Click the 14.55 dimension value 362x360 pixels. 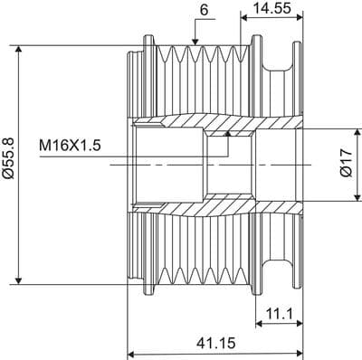[x=271, y=8]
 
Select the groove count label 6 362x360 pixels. [x=204, y=10]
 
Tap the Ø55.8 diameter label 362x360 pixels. [x=8, y=159]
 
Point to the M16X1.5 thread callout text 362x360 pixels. [x=70, y=146]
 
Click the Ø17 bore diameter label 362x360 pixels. [x=346, y=163]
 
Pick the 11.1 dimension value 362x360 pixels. [x=280, y=315]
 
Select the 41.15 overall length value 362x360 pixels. [x=215, y=343]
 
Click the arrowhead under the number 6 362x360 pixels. [x=195, y=42]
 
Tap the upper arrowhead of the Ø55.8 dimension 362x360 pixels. [x=19, y=50]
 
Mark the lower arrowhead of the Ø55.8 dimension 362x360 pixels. [x=19, y=280]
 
